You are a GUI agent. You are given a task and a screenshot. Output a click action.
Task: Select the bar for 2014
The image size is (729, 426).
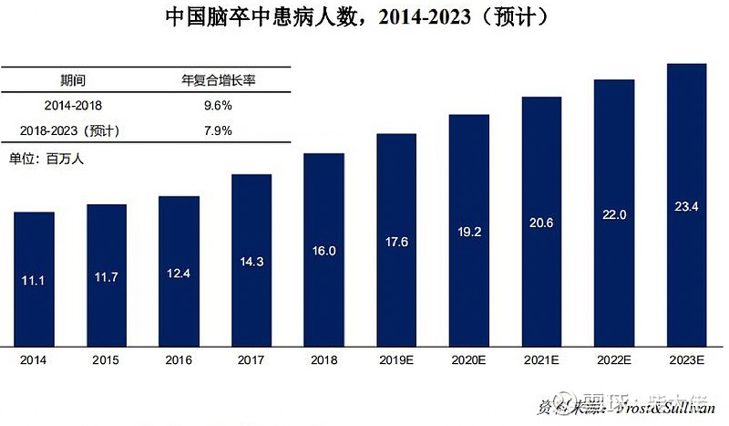(35, 278)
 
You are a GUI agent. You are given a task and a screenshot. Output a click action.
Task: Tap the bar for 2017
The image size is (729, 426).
(252, 260)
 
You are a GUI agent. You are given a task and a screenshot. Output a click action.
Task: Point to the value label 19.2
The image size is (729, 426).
(468, 233)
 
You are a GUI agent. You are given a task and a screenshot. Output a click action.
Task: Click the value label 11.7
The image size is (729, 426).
(107, 276)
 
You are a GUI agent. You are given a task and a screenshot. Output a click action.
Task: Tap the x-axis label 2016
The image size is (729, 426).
(179, 359)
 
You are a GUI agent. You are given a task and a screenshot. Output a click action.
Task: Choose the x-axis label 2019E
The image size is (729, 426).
(396, 359)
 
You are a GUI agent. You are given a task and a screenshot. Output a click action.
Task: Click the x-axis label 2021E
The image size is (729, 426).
(541, 359)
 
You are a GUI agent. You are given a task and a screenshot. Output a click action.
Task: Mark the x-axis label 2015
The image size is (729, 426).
(107, 359)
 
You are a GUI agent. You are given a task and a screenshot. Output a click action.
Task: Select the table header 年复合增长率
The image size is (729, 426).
(219, 80)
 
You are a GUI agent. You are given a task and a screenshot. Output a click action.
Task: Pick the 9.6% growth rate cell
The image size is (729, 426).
(219, 105)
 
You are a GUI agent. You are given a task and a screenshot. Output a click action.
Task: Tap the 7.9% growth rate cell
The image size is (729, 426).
(219, 130)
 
